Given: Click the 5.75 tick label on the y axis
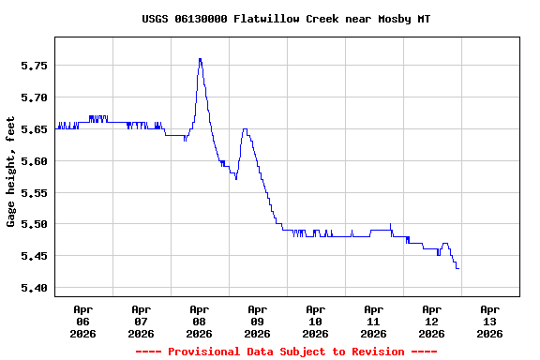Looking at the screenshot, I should tap(34, 66).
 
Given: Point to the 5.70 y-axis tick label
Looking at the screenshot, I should tap(34, 97).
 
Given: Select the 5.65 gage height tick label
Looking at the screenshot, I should tap(34, 129).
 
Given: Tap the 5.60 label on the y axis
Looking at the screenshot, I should tap(34, 161).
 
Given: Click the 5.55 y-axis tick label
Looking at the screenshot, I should tap(34, 193).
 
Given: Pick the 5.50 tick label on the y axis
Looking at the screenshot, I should tap(34, 224).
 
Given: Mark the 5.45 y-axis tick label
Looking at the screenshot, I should tap(34, 256).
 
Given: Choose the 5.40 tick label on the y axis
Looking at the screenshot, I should tap(34, 288).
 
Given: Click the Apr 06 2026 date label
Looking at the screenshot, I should tap(83, 321).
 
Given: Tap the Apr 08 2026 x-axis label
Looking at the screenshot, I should tap(200, 321).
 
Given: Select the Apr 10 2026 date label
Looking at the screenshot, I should tap(316, 321).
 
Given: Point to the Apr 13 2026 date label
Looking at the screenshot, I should tap(489, 321).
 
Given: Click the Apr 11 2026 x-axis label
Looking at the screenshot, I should tap(374, 321).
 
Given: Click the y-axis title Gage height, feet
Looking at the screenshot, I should tap(11, 172).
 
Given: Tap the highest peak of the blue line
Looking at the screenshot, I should tap(200, 59).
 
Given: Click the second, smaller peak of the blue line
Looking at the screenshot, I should tap(245, 130).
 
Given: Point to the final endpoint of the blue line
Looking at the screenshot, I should tap(457, 269).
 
